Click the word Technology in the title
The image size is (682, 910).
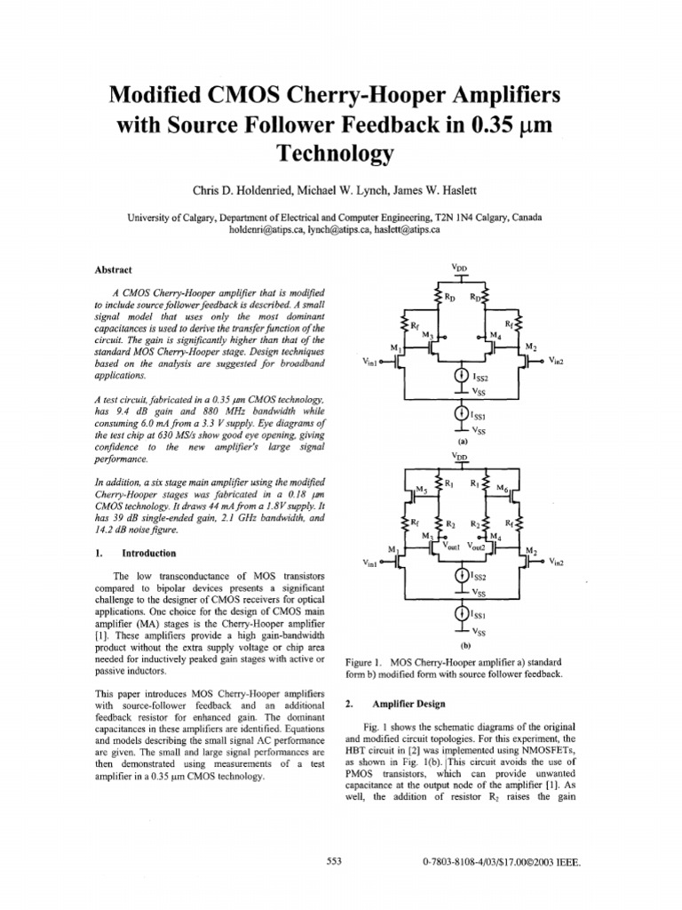(340, 155)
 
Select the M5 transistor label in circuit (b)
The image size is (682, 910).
(422, 490)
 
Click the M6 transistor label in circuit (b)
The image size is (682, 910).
(502, 490)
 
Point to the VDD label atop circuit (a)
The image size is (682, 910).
(459, 267)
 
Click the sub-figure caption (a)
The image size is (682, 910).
(462, 441)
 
